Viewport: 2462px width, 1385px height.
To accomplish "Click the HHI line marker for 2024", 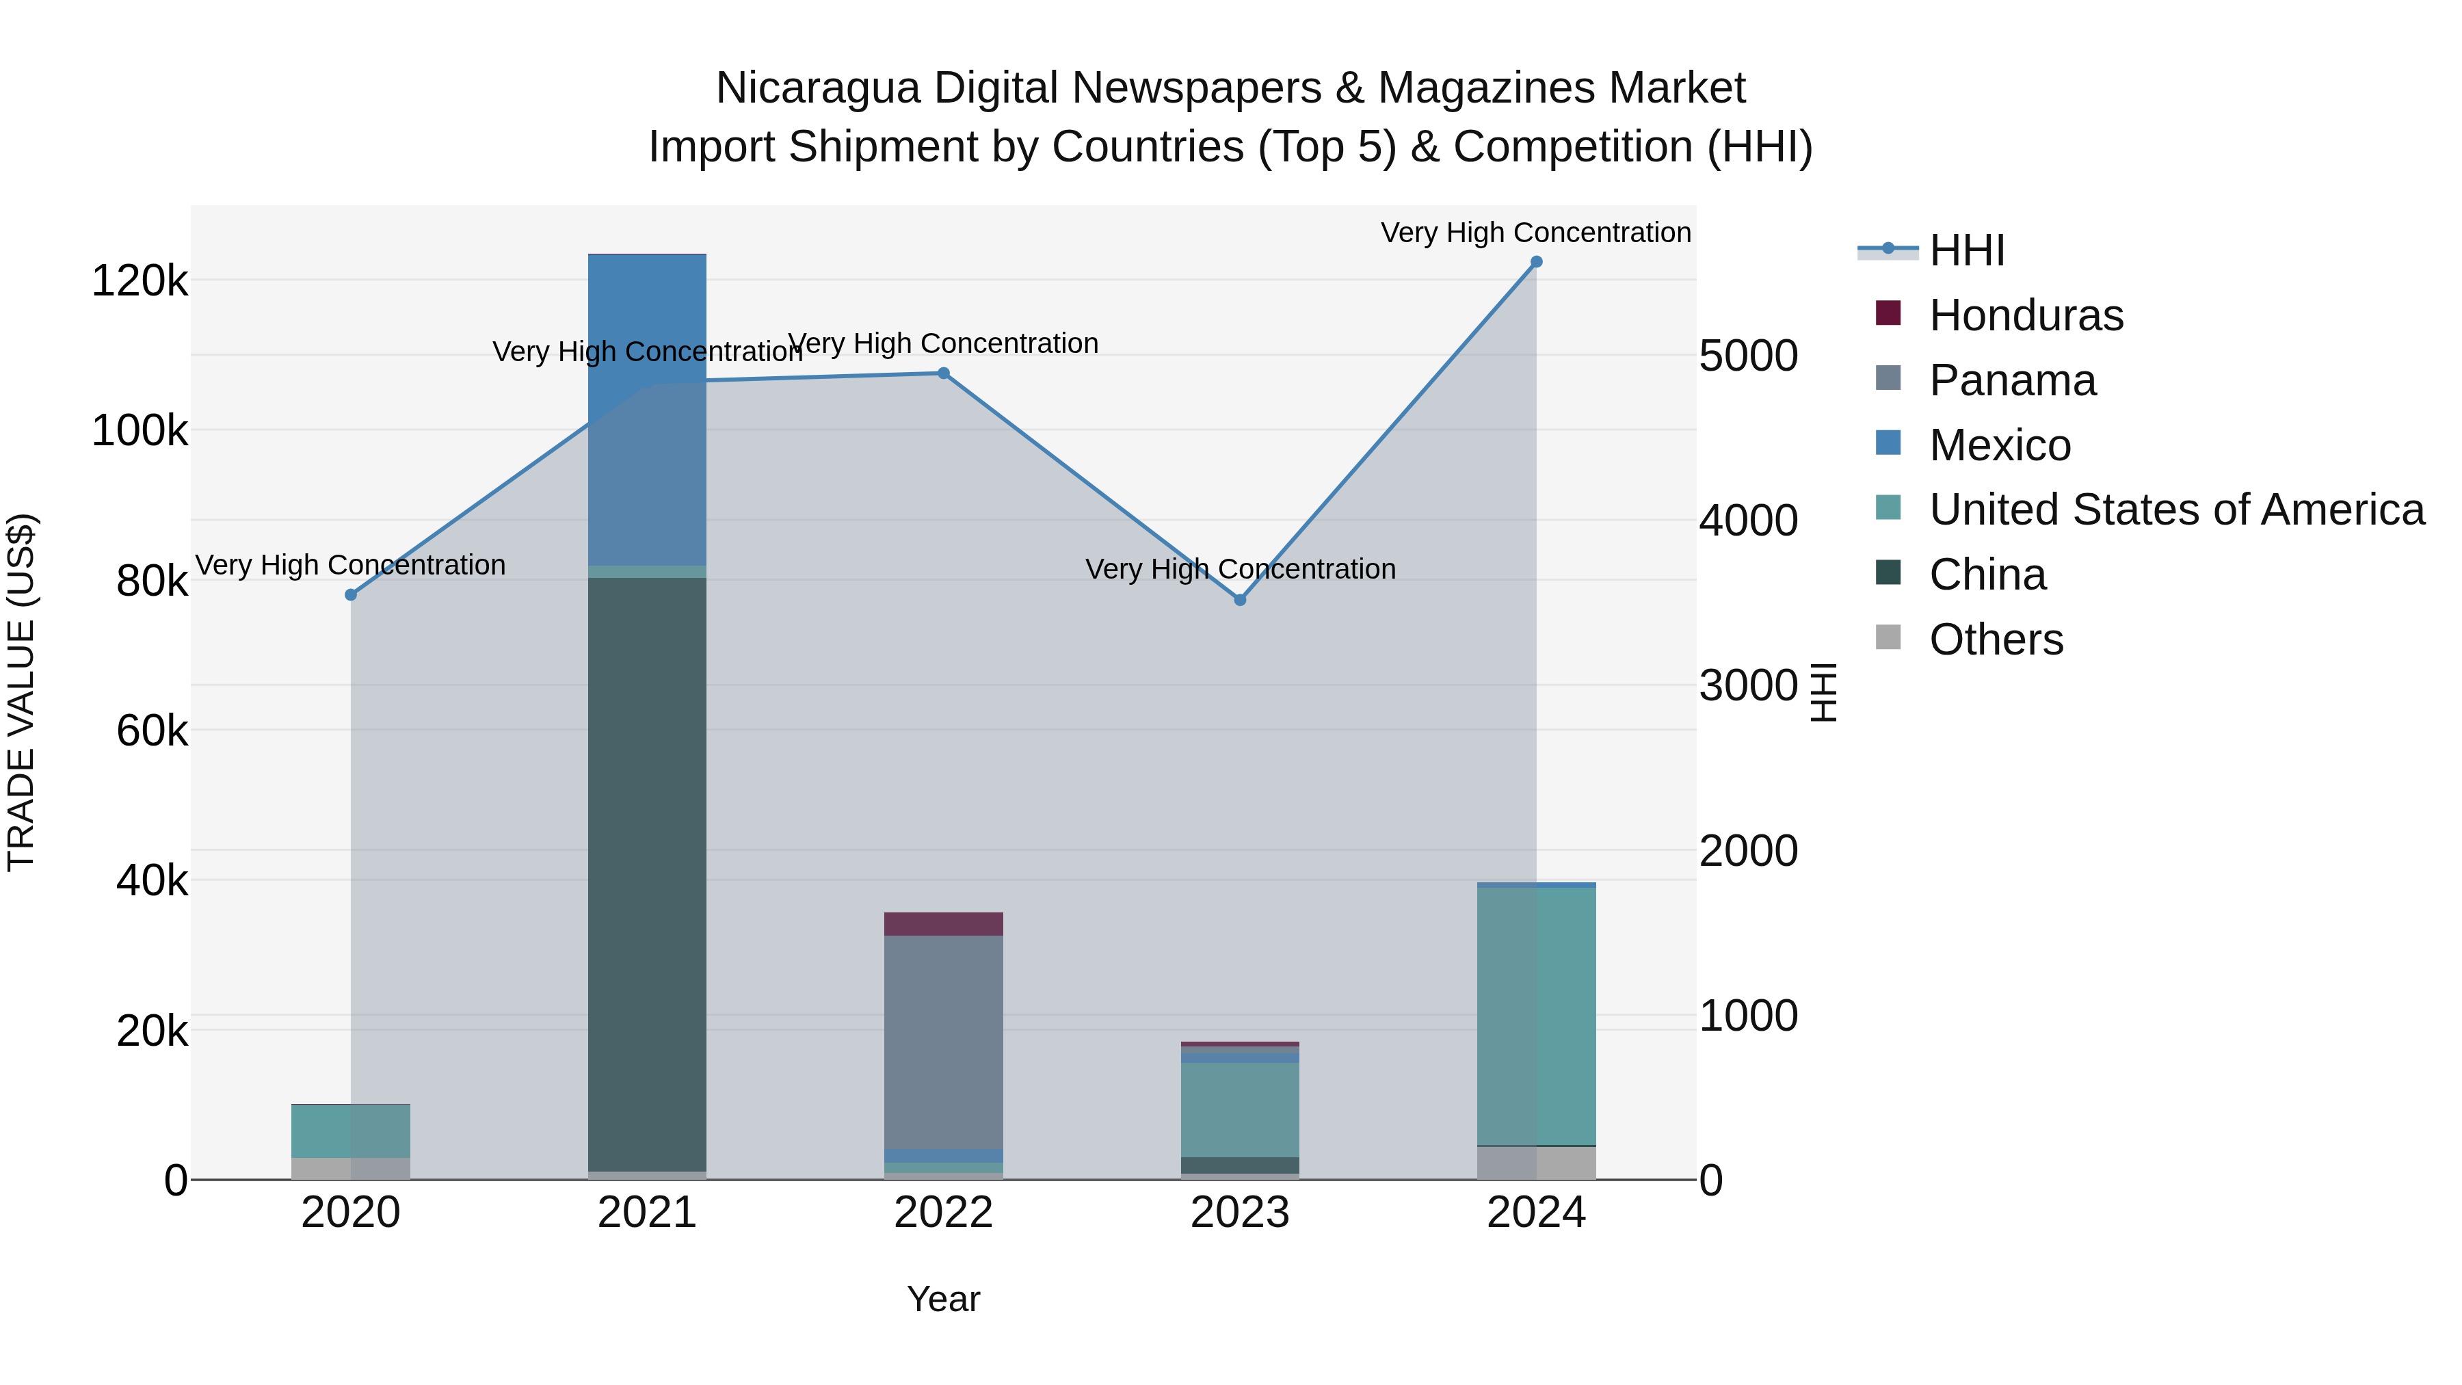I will click(x=1536, y=262).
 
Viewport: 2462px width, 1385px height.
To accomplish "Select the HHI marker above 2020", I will click(x=351, y=594).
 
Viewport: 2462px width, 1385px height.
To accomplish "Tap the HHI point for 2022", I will click(x=943, y=373).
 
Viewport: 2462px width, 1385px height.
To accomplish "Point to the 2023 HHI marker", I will click(x=1240, y=601).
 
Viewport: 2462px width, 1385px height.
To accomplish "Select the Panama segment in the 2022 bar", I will click(x=943, y=1042).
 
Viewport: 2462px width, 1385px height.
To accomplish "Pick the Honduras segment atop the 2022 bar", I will click(x=943, y=923).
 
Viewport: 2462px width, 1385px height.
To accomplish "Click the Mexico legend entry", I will click(x=2000, y=445).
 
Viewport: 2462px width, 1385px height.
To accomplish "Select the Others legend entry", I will click(x=1996, y=639).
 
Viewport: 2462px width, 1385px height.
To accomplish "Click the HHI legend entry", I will click(x=1967, y=250).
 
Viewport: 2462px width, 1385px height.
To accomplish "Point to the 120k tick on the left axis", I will click(x=140, y=281).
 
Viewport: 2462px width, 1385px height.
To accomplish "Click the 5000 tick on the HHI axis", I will click(x=1748, y=356).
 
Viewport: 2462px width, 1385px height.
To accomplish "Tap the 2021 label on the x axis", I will click(x=647, y=1213).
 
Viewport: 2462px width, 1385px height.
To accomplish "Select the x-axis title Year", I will click(x=943, y=1299).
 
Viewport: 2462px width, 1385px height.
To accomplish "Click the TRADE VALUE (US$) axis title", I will click(x=22, y=692).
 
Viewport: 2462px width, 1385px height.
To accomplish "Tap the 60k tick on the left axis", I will click(x=152, y=731).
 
